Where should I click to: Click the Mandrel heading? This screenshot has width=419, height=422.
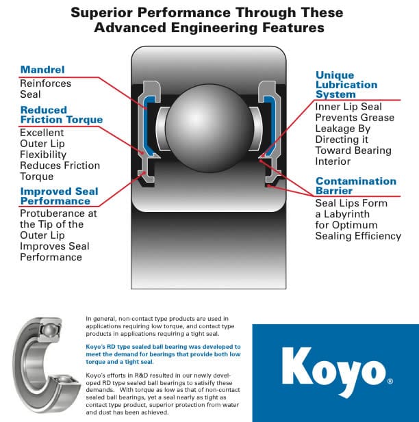[42, 70]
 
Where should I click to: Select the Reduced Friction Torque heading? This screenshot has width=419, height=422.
[61, 115]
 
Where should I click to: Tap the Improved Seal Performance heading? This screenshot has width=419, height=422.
[59, 196]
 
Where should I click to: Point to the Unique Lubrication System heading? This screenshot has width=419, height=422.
[346, 85]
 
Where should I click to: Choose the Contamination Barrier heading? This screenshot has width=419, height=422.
[355, 185]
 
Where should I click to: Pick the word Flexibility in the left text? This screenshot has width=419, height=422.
[45, 155]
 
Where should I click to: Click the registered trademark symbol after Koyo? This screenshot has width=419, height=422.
[390, 381]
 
